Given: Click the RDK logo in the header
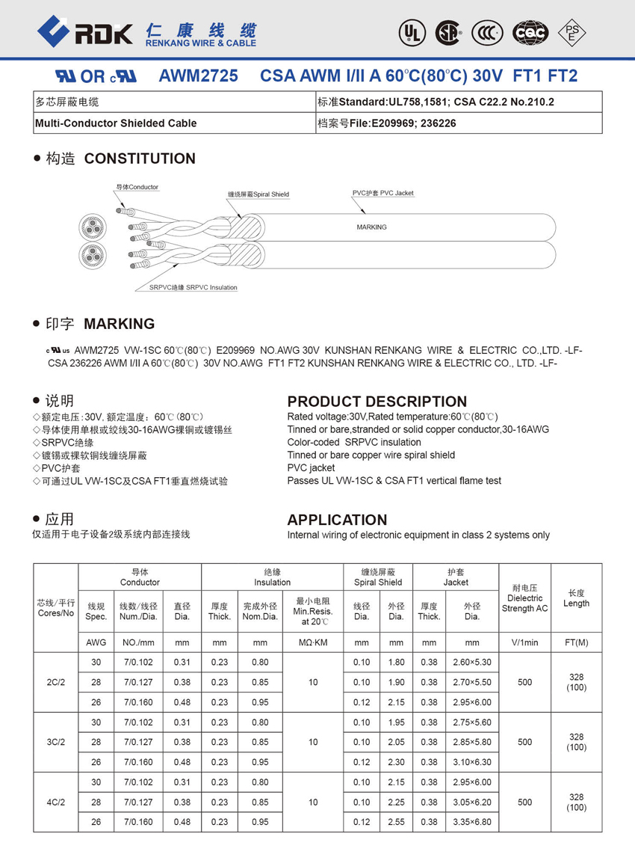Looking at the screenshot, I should coord(84,31).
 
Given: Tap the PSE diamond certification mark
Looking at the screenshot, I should coord(573,32).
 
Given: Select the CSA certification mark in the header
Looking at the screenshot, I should coord(448,32).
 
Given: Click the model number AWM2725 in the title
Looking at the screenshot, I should coord(199,76).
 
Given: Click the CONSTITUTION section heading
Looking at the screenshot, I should coord(140,159).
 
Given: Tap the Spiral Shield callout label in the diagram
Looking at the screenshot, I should coord(258,194).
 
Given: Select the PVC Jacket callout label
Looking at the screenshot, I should coord(383,193).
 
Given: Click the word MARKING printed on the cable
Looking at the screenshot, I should coord(371,227).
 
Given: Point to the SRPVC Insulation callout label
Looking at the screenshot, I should coord(193,287).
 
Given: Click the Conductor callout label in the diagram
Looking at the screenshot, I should coord(137,187).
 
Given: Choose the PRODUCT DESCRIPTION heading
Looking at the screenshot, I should coord(377,402).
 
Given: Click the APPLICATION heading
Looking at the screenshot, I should coord(337,520).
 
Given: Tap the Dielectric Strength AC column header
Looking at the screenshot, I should coord(524,598).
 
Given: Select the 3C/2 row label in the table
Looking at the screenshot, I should coord(56,742).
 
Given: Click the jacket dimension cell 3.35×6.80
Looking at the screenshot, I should coord(472,822).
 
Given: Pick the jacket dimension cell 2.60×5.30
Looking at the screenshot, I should coord(472,662).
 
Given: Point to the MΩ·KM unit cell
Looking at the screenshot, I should coord(312,642).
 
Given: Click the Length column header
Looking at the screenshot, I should coord(576,598).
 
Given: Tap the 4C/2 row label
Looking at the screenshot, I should coord(56,802).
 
